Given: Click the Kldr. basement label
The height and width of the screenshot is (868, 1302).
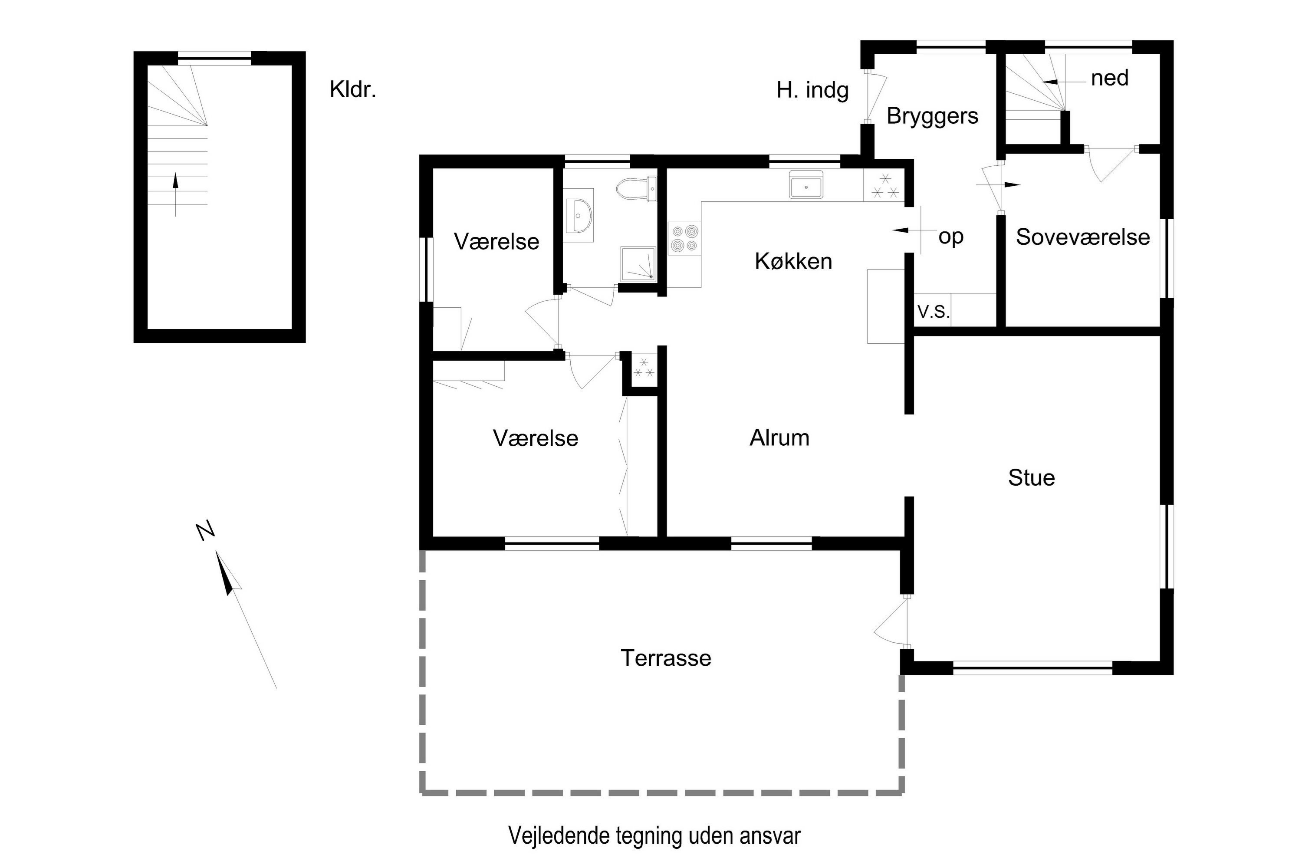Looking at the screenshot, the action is click(352, 90).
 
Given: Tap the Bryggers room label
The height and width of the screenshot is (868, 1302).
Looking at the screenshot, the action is click(932, 117).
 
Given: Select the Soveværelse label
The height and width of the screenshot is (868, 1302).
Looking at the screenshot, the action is click(1083, 237).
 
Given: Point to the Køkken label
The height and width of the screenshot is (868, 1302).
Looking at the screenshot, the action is click(793, 261).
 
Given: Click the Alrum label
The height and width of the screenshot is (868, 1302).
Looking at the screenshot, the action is click(779, 438).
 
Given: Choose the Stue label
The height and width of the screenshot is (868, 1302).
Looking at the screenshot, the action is click(1031, 478).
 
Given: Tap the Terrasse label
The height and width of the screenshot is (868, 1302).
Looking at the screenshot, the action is click(666, 658).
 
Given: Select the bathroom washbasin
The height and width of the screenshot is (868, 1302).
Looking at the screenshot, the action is click(579, 215).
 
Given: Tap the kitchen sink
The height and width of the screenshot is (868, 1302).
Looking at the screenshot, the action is click(806, 184).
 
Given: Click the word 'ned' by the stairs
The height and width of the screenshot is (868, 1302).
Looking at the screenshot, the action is click(1109, 79).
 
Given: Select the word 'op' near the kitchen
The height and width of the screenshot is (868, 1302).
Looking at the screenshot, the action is click(951, 237).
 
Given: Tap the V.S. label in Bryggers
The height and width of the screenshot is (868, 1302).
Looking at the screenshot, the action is click(934, 312).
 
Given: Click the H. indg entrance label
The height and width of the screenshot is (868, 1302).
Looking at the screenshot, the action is click(812, 91).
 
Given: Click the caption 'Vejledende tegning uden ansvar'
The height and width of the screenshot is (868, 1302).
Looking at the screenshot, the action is click(654, 836).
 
